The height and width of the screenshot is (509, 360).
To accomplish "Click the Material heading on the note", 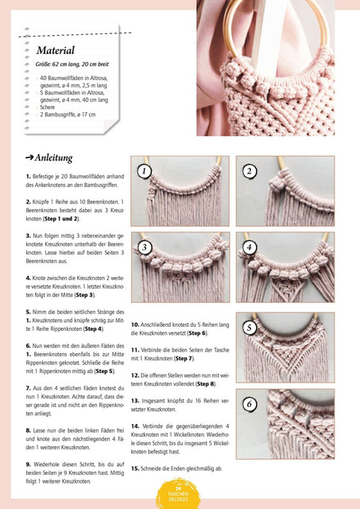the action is (56, 50).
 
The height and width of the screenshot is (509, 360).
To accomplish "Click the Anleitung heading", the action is (53, 158).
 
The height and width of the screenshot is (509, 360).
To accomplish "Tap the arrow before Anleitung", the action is (29, 157).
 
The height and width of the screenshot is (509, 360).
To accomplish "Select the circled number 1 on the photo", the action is (145, 171).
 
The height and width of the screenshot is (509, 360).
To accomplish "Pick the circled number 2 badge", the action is (250, 171).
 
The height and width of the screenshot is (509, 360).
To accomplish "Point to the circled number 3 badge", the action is (145, 247).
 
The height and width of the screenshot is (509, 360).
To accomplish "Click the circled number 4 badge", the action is (250, 247).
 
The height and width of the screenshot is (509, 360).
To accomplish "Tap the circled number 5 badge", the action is (250, 328).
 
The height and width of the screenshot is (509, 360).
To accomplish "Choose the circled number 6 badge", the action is (250, 404).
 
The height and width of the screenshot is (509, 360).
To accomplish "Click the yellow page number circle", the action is (178, 493).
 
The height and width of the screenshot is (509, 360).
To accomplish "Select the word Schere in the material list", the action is (48, 107).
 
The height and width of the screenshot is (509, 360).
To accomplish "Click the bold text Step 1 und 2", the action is (61, 219).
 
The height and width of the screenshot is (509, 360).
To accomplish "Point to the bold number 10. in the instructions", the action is (135, 324).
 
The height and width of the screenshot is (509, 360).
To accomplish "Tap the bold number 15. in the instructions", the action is (135, 468).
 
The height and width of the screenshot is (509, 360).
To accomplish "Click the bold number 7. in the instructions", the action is (29, 388).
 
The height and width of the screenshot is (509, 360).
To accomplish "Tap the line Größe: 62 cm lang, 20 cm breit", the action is (72, 64).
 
